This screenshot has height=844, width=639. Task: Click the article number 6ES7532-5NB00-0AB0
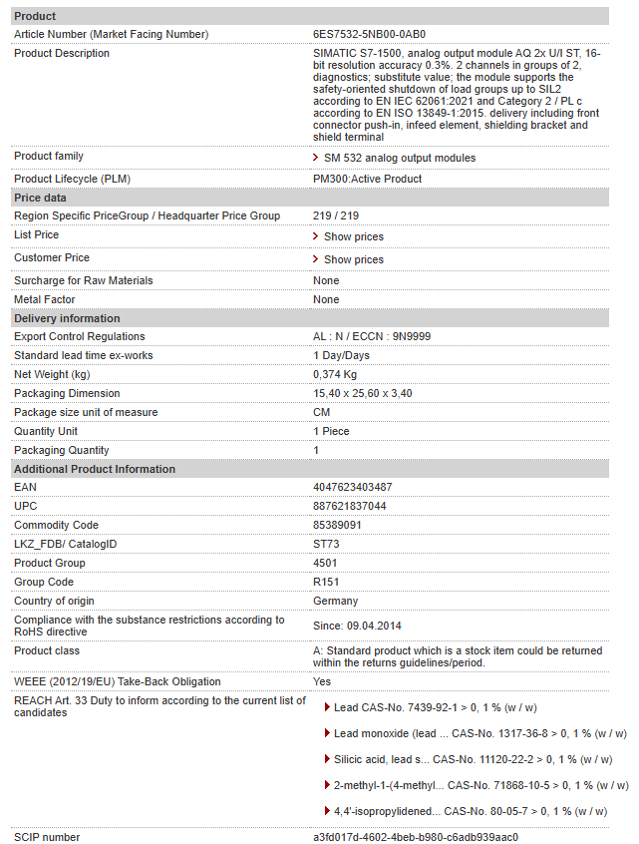369,34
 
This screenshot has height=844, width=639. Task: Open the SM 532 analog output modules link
399,158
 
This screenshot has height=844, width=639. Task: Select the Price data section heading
40,198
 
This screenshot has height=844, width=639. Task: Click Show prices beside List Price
353,236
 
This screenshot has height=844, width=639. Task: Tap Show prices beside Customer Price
353,259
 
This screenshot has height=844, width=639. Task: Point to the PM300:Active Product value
367,179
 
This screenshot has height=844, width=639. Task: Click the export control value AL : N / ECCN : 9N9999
372,336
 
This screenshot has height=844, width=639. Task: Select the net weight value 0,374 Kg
336,374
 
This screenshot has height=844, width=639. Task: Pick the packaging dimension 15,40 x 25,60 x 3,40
363,393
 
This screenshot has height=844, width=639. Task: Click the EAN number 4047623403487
353,487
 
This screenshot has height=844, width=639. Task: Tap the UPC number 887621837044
350,506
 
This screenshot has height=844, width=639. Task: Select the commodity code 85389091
337,525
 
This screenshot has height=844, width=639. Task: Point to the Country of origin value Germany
335,601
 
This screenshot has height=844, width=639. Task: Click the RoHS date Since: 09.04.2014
357,626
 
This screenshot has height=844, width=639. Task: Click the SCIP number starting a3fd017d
416,837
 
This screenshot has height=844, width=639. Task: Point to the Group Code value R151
326,582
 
